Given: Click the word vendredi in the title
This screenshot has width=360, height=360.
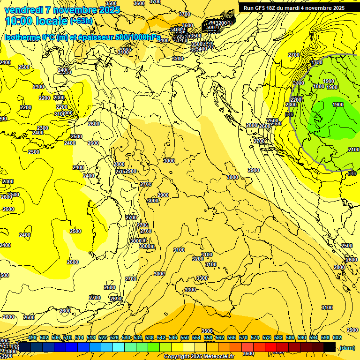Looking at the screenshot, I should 23,10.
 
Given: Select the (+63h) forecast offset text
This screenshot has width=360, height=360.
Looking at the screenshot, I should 81,21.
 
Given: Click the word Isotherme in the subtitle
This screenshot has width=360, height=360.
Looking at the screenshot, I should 21,37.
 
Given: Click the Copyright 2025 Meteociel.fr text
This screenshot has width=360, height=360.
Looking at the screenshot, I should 199,356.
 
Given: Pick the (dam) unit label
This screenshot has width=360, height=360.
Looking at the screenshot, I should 347,347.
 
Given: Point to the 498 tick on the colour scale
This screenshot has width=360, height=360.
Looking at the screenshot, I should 32,337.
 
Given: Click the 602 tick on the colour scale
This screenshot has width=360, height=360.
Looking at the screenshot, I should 337,337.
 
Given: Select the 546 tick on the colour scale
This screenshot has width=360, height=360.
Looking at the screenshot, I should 172,337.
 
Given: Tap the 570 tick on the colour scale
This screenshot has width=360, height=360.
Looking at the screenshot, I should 243,337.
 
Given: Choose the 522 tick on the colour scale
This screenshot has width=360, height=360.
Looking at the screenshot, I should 102,337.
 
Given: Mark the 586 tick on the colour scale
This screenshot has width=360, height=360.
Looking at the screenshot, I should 290,337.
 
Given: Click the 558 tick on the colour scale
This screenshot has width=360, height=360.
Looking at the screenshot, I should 208,337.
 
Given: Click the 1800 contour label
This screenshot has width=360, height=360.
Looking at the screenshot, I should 318,86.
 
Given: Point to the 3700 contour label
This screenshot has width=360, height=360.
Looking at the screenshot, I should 185,15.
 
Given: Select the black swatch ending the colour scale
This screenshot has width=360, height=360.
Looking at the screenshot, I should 329,347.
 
